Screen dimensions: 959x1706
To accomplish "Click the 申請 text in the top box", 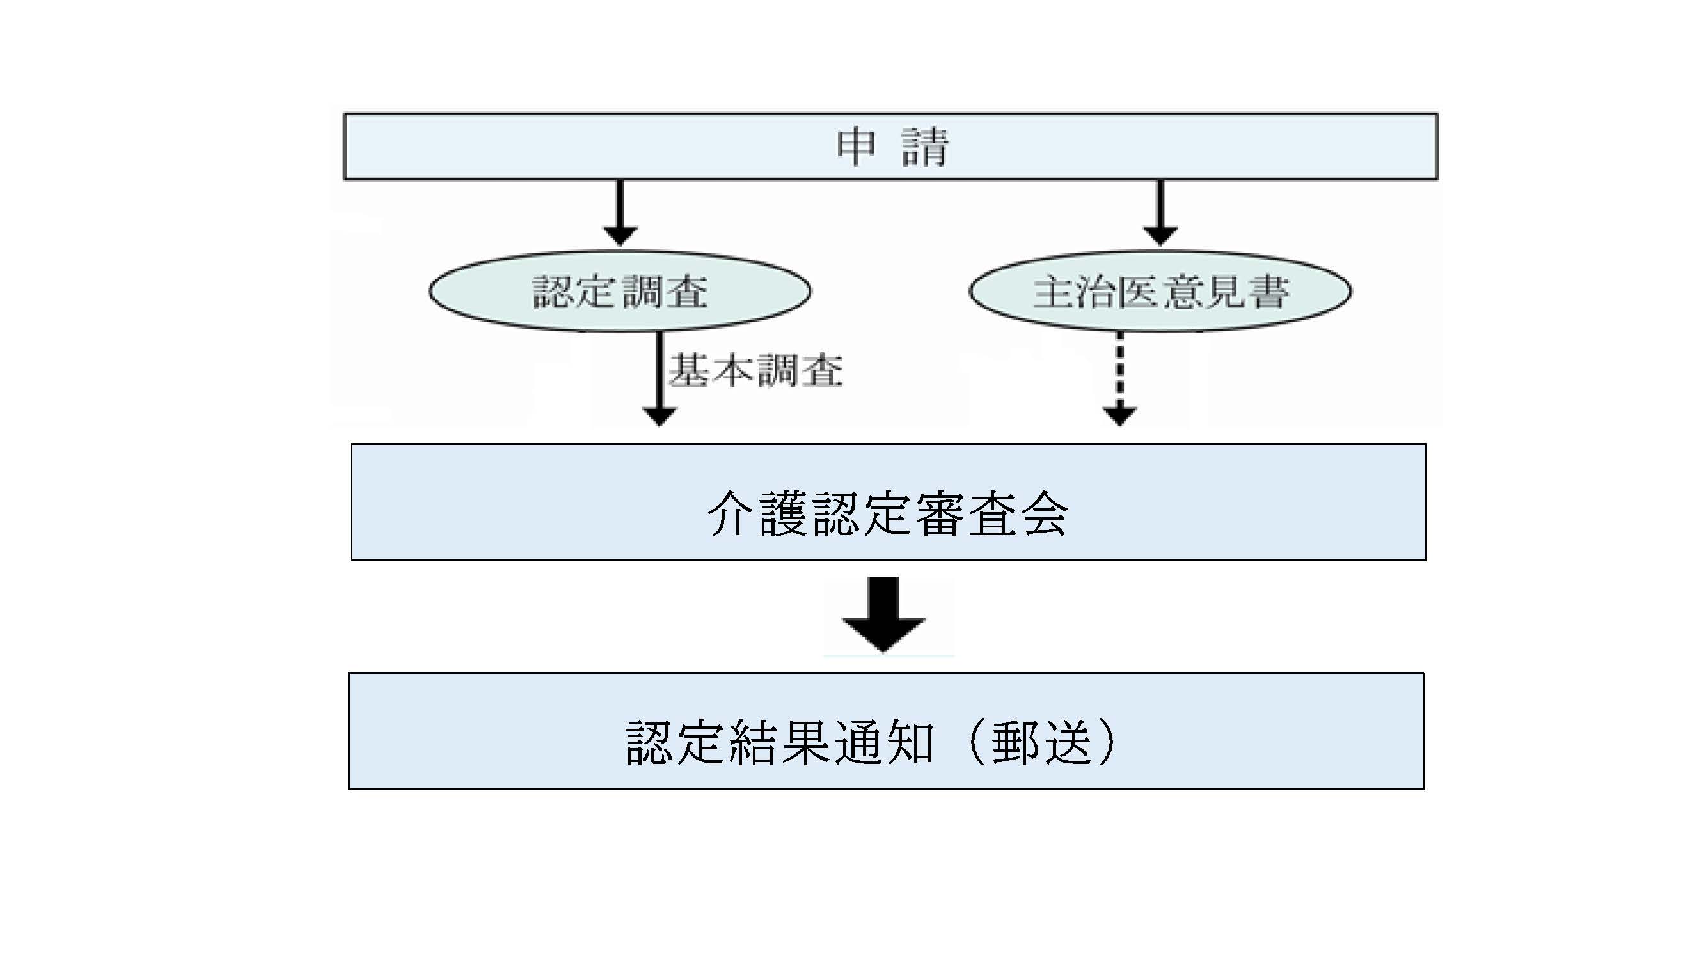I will click(892, 147).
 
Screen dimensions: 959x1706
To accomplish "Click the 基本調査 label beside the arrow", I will click(755, 371).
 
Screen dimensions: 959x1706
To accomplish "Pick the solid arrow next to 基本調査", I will click(659, 377).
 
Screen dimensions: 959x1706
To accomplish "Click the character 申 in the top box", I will click(856, 147).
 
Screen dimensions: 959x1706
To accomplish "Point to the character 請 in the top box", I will click(926, 147).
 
